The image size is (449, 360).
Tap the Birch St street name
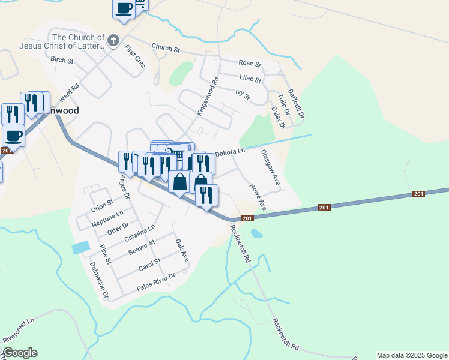coord(62,60)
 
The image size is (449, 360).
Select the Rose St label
coord(250,63)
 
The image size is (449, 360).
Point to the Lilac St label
coord(250,79)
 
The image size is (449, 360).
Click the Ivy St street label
coord(242,94)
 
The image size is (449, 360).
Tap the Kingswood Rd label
coord(208,97)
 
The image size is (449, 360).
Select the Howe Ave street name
coord(258,196)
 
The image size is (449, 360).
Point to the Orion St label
coord(102,206)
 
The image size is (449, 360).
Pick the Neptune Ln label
coord(107,217)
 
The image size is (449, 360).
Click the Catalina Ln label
coord(139,233)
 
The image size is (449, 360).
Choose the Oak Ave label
coord(182,250)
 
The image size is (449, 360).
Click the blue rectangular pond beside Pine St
coord(80,247)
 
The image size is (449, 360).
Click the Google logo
coord(20,353)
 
